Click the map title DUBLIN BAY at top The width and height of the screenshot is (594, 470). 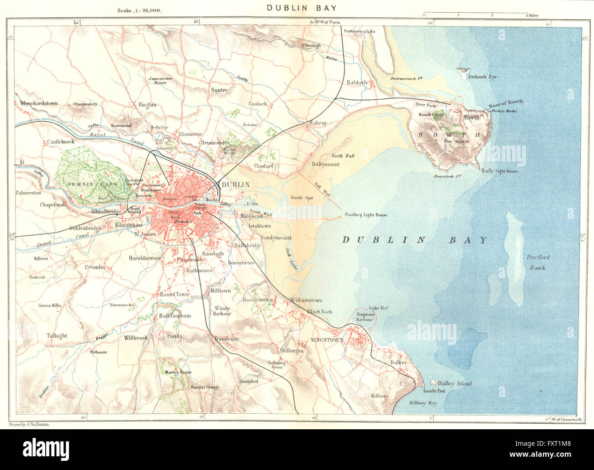tap(302, 8)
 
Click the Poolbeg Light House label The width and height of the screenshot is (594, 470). tap(366, 215)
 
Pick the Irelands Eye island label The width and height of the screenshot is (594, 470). tap(482, 77)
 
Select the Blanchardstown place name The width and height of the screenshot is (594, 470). tap(39, 103)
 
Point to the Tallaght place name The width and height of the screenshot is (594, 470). tap(57, 335)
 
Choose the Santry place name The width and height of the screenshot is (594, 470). tap(219, 90)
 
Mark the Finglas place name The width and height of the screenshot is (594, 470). tap(147, 105)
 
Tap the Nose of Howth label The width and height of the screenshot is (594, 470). tap(506, 103)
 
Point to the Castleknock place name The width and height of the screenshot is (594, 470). tap(61, 142)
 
